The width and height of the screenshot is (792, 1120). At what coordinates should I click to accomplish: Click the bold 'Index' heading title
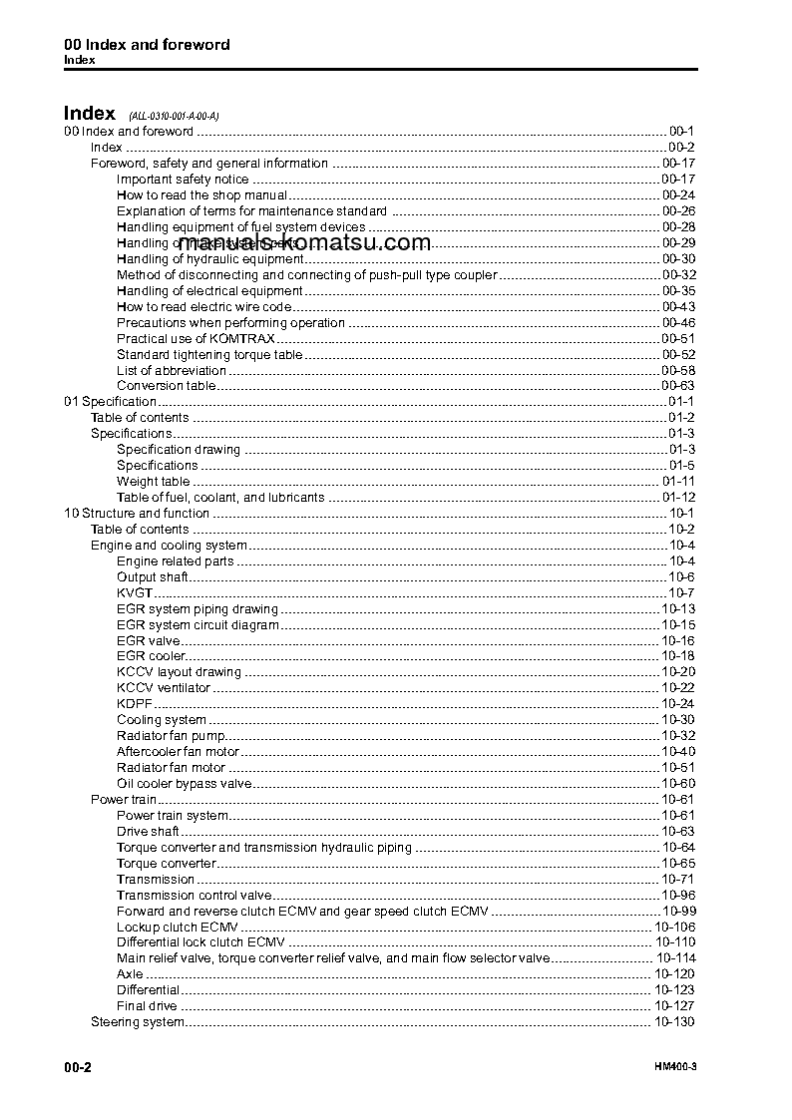coord(90,114)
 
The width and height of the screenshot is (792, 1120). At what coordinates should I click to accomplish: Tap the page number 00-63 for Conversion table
coord(677,386)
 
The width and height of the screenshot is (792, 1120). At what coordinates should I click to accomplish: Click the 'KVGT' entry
coord(135,593)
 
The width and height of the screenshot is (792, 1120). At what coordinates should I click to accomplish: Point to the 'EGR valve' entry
coord(148,641)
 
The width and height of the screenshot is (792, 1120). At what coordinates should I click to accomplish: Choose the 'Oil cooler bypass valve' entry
coord(185,784)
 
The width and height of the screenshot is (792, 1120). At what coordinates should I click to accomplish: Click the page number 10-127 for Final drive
coord(674,1006)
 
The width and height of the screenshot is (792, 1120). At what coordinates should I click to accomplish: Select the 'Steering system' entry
coord(138,1022)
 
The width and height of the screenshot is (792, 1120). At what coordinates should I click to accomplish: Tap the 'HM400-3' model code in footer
coord(675,1068)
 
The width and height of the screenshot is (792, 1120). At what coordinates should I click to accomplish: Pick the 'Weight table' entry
coord(153,482)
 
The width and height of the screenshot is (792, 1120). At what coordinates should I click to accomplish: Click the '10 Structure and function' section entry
coord(137,514)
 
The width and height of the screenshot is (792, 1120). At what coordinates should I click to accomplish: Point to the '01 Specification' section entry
coord(110,402)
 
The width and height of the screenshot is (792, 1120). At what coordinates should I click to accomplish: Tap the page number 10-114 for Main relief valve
coord(674,958)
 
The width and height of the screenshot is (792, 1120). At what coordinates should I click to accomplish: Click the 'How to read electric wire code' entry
coord(203,307)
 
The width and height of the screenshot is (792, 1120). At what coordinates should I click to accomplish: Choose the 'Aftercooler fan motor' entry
coord(178,752)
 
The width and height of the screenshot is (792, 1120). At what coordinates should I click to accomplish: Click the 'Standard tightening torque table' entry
coord(209,355)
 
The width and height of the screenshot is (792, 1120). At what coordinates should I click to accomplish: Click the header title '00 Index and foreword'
coord(147,45)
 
